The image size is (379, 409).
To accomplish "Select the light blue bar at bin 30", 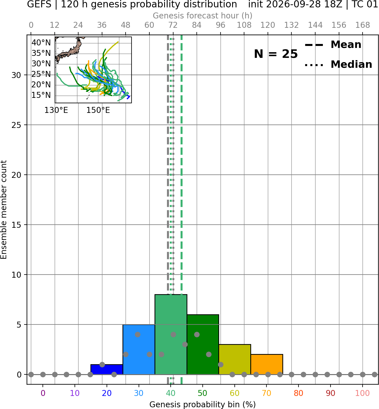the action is coord(139,349).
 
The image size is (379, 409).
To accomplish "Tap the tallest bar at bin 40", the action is coord(171,334).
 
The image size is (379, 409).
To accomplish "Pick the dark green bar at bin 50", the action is coord(203,344).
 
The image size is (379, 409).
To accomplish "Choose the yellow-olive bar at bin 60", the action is coord(235,359).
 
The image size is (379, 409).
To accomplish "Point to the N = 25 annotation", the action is coord(276,54).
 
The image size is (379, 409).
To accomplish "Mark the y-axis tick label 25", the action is coord(16,125).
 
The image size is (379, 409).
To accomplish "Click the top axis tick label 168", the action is coord(363,25).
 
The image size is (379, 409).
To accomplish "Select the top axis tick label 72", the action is coord(173,25).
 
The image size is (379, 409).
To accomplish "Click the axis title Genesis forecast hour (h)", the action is coord(203,16).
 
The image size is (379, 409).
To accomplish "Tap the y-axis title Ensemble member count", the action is coord(3,210).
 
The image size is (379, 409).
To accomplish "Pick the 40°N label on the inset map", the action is coord(41,43).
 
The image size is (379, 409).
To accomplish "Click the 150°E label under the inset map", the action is coord(98,110).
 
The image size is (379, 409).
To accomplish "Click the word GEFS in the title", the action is coord(39,4).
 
